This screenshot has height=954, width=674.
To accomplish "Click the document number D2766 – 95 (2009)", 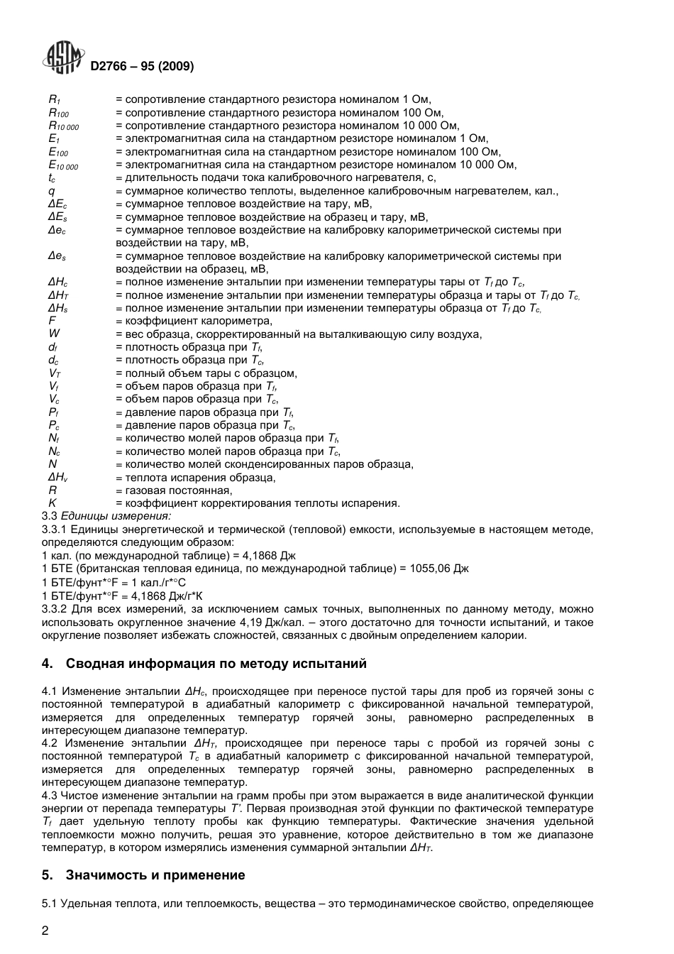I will click(142, 67).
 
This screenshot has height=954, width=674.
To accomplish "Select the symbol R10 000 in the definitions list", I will click(63, 126).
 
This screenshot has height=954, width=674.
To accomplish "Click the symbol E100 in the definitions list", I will click(58, 153).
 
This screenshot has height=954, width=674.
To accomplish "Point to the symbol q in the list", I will click(51, 191).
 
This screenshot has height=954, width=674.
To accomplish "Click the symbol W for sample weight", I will click(53, 334).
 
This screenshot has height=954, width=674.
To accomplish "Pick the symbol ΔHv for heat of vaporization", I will click(57, 478).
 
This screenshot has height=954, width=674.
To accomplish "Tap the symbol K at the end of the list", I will click(52, 503).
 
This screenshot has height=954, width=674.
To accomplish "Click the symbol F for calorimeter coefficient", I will click(51, 321).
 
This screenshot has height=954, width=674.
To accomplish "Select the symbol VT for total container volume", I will click(55, 373).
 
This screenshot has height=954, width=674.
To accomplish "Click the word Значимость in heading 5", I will click(102, 875).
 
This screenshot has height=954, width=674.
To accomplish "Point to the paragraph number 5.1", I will click(50, 904).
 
